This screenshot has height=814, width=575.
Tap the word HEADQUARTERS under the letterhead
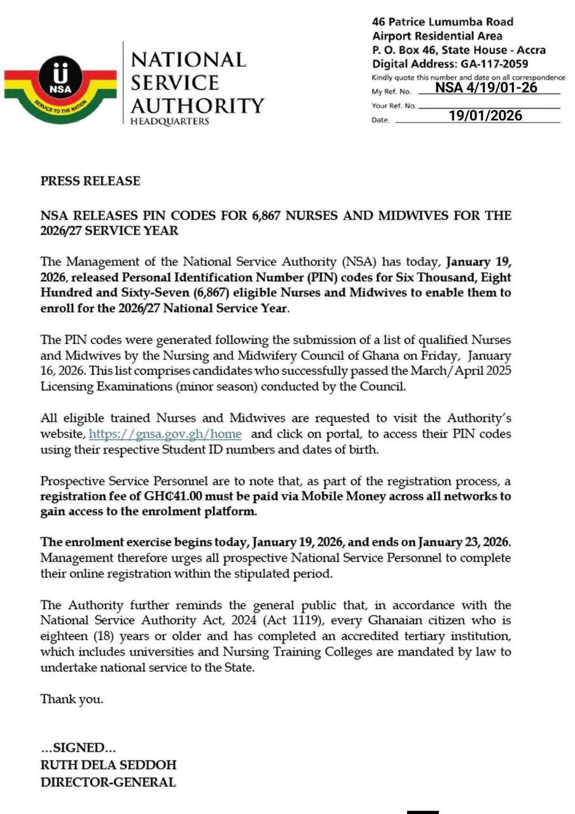point(170,121)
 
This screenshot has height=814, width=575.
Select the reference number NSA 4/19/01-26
point(487,88)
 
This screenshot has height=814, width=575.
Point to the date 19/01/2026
point(485,116)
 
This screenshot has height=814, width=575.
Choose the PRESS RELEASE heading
point(90,181)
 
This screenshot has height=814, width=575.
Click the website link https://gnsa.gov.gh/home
point(165,434)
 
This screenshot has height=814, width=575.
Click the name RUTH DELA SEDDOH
point(109,764)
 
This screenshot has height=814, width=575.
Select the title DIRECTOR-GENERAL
point(108,782)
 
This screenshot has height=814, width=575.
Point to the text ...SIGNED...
point(78,748)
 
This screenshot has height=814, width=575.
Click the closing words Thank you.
point(72,699)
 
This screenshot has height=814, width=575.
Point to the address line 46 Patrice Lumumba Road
point(443,22)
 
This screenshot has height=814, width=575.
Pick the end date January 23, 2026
point(464,542)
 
